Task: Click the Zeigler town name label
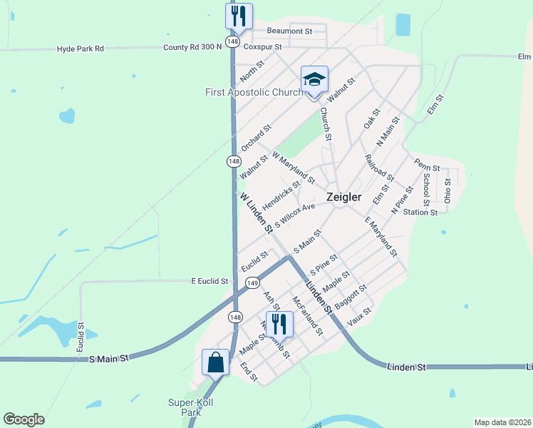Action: pyautogui.click(x=343, y=196)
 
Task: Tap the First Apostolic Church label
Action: pyautogui.click(x=254, y=92)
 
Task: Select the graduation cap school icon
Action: pyautogui.click(x=314, y=80)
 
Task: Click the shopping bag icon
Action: pyautogui.click(x=215, y=362)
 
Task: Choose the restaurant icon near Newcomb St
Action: pyautogui.click(x=279, y=324)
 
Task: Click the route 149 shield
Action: pyautogui.click(x=252, y=283)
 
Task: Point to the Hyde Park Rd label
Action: pyautogui.click(x=81, y=49)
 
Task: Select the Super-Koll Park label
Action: pyautogui.click(x=191, y=407)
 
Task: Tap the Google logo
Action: pyautogui.click(x=24, y=419)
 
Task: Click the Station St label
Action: pyautogui.click(x=420, y=212)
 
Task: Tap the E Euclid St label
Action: pyautogui.click(x=209, y=282)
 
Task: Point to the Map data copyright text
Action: pyautogui.click(x=503, y=422)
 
